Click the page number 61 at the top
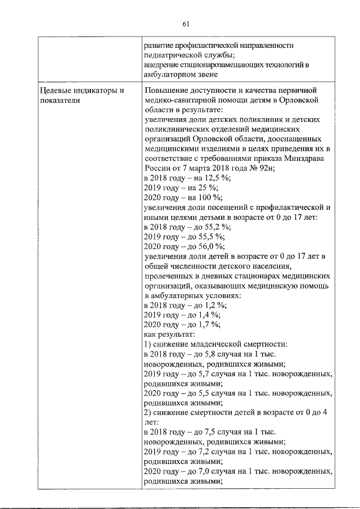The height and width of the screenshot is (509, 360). click(186, 23)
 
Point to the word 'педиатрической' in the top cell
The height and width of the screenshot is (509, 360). click(174, 55)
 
